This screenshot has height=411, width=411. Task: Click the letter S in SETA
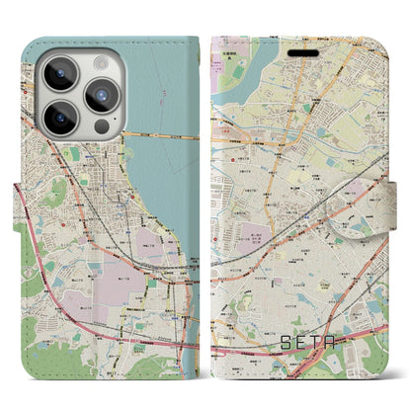coord(283,346)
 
